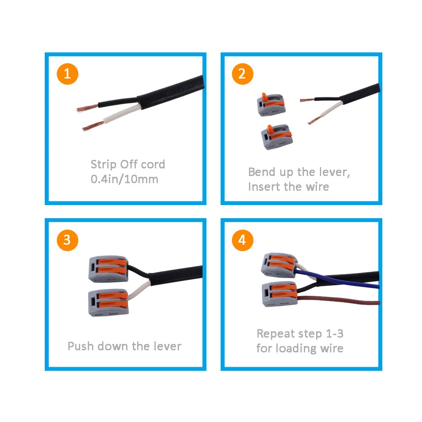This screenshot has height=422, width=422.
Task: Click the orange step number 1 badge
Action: [x=68, y=74]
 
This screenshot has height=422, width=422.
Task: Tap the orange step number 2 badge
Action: [x=242, y=74]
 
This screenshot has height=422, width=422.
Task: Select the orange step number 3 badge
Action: [x=68, y=240]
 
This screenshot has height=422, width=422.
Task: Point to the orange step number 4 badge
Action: [x=242, y=240]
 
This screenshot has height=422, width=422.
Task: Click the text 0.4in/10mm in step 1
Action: [x=124, y=179]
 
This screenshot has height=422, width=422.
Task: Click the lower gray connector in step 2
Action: [x=275, y=136]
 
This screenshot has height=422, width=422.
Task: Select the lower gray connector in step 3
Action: [x=107, y=302]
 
